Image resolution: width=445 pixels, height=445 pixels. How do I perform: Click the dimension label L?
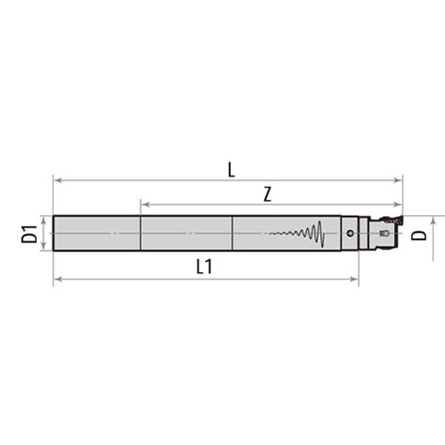pyautogui.click(x=231, y=169)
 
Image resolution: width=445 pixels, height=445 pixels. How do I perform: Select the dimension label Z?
pyautogui.click(x=268, y=193)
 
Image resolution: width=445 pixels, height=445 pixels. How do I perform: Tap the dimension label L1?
pyautogui.click(x=204, y=267)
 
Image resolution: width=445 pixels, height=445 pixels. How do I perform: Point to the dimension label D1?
pyautogui.click(x=28, y=234)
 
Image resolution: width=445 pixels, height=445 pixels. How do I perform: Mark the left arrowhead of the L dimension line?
pyautogui.click(x=57, y=179)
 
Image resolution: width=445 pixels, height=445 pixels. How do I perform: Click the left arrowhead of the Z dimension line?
pyautogui.click(x=145, y=204)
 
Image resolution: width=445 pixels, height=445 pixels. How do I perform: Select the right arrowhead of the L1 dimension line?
pyautogui.click(x=355, y=278)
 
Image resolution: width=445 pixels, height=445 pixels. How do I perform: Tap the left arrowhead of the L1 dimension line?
pyautogui.click(x=57, y=278)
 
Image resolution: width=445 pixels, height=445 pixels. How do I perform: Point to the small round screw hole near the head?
pyautogui.click(x=349, y=233)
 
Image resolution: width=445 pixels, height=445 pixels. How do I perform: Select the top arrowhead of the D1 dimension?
pyautogui.click(x=43, y=220)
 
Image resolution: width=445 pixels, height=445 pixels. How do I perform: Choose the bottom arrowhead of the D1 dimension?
pyautogui.click(x=43, y=247)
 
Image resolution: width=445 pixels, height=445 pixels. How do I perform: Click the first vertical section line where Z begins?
pyautogui.click(x=141, y=233)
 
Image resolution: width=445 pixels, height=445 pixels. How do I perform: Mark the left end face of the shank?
pyautogui.click(x=54, y=233)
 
